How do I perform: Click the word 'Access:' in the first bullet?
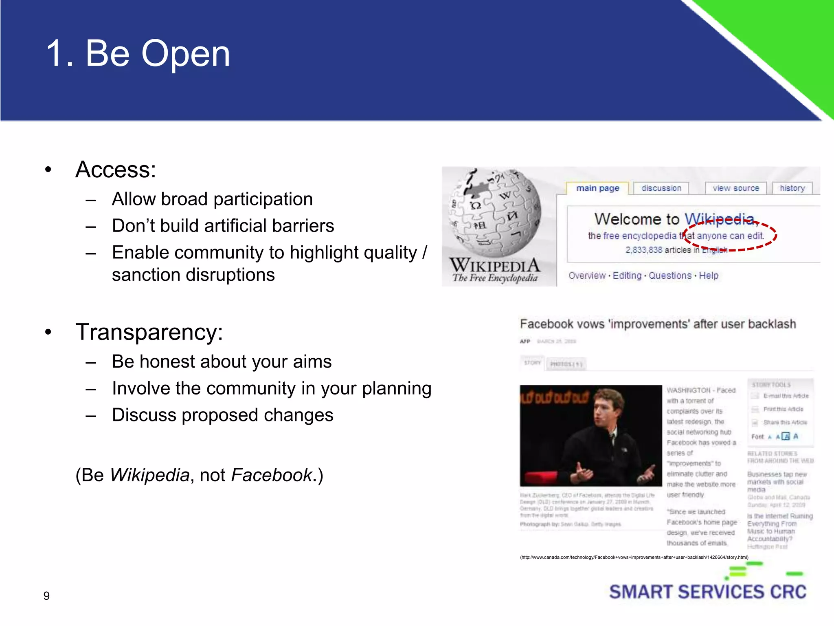pyautogui.click(x=116, y=170)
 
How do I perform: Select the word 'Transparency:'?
pyautogui.click(x=149, y=332)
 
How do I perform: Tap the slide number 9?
pyautogui.click(x=46, y=596)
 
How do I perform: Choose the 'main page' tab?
pyautogui.click(x=597, y=188)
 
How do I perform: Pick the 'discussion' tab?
pyautogui.click(x=661, y=188)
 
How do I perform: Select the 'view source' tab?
pyautogui.click(x=735, y=188)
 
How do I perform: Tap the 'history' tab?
pyautogui.click(x=792, y=188)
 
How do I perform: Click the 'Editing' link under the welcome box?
pyautogui.click(x=627, y=276)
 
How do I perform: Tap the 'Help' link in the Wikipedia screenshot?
pyautogui.click(x=709, y=276)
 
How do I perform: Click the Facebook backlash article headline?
pyautogui.click(x=658, y=324)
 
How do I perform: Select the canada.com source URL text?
pyautogui.click(x=634, y=557)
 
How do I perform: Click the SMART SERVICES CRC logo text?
pyautogui.click(x=707, y=592)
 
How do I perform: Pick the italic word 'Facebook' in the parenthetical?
pyautogui.click(x=272, y=475)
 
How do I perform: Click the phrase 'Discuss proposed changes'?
pyautogui.click(x=222, y=415)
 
